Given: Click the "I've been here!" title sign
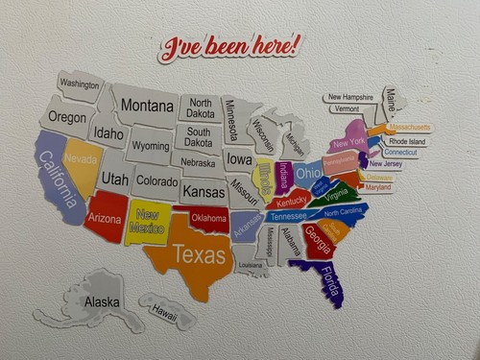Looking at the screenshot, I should pos(229,46).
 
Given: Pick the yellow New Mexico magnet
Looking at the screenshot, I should pos(148,223).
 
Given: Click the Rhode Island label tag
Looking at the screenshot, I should pos(406,141).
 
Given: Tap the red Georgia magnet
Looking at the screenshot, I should pos(318,236).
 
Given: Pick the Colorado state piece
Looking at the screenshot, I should pos(156,180).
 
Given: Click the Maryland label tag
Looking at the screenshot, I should pos(378,187).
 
